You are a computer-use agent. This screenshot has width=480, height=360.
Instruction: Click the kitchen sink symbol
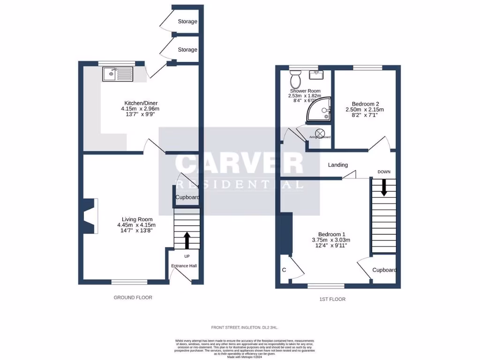point(118,74)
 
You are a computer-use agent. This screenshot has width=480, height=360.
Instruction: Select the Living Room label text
point(137,219)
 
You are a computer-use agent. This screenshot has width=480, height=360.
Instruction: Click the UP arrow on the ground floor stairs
point(187,240)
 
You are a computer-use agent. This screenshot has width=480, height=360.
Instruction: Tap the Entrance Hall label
point(184,266)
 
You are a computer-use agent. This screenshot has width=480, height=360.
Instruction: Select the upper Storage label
point(187,22)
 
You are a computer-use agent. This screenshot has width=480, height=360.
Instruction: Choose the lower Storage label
point(187,50)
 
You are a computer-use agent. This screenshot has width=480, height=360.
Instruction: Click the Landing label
point(337,165)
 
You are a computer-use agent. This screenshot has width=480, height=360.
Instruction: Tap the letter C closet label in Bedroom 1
point(284,270)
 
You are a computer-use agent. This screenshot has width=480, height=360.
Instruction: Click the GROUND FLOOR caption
point(133,297)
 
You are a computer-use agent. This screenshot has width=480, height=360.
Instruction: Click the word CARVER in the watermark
point(239,164)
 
